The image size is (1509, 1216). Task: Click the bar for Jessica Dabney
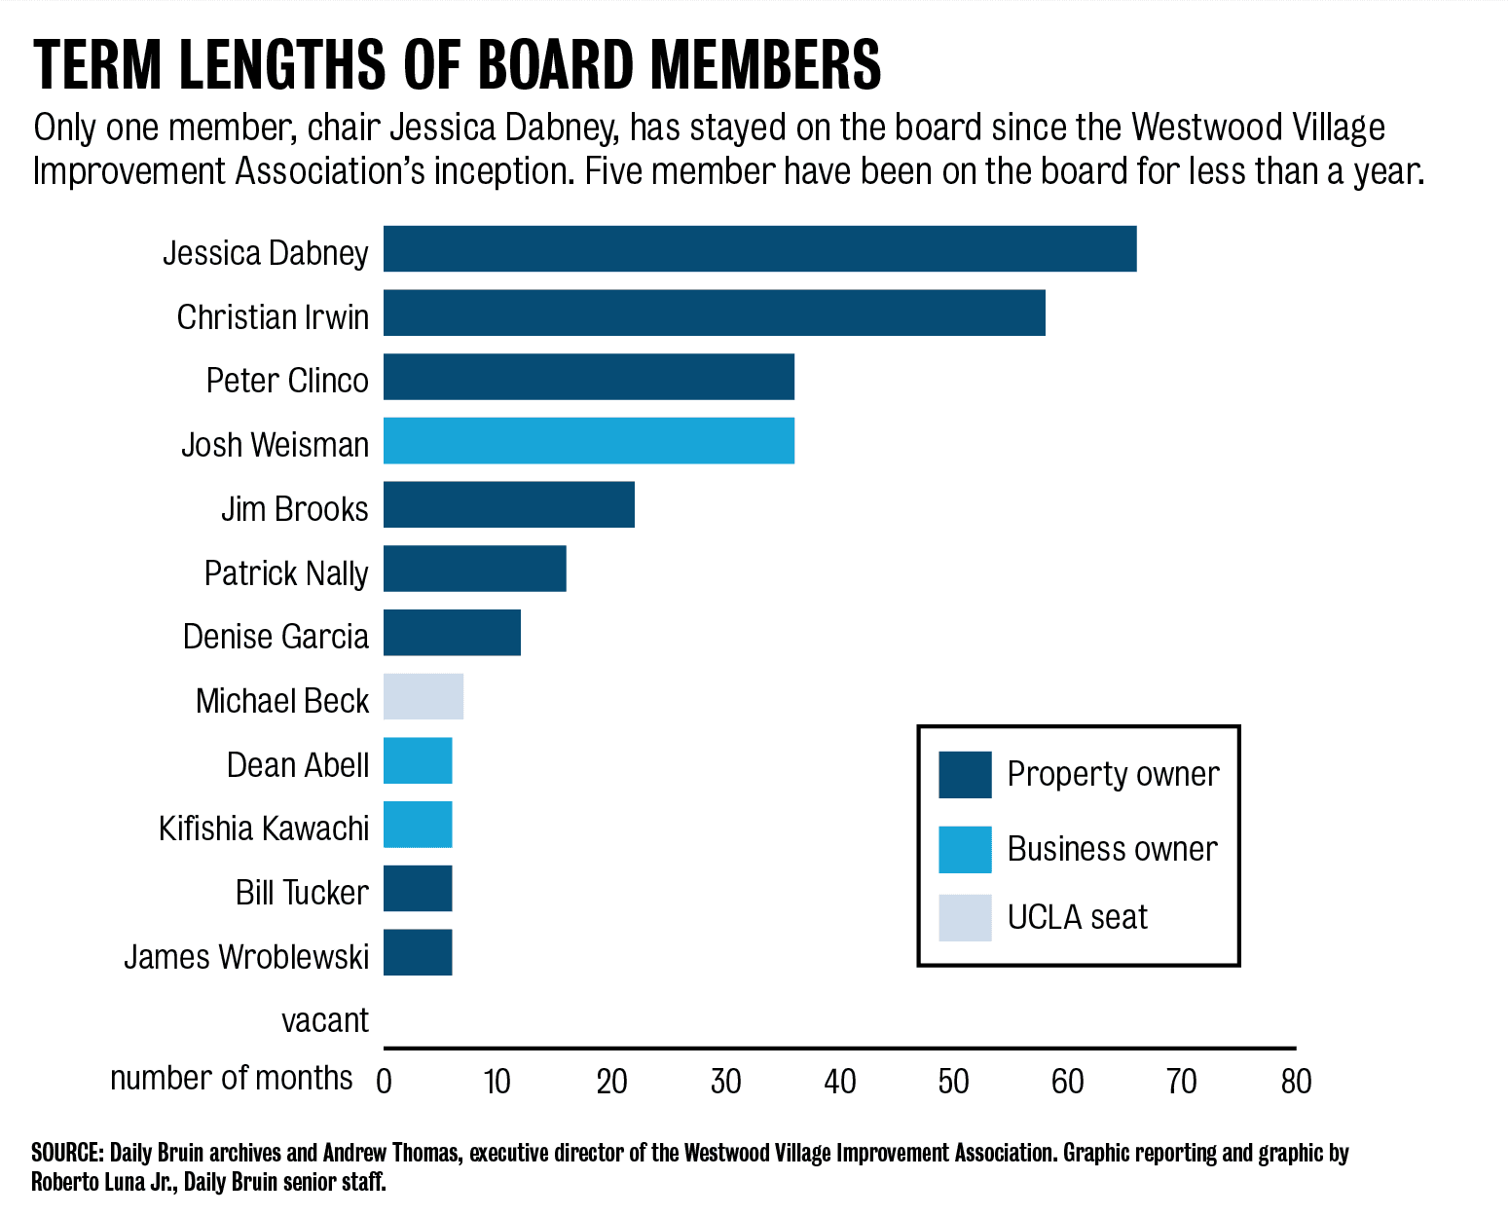coord(759,248)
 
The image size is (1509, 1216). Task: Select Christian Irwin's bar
coord(714,313)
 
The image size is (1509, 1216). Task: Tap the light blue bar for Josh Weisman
coord(588,440)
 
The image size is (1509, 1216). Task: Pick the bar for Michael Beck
coord(423,696)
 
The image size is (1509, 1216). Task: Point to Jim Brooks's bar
coord(508,504)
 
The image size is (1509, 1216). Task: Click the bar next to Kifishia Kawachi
coord(417,825)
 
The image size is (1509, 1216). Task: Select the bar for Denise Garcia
coord(452,632)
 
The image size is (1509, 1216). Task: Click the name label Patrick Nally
coord(286,572)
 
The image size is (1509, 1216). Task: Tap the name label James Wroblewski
coord(246,956)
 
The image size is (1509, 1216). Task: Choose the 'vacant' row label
coord(325,1020)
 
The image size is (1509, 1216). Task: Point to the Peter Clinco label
coord(287,380)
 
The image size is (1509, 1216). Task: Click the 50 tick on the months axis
coord(953,1081)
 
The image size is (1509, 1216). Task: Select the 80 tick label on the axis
coord(1296,1081)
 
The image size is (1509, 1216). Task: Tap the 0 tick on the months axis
coord(384,1081)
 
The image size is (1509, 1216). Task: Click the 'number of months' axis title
coord(231,1078)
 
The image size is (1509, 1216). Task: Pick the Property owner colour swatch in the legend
coord(965,775)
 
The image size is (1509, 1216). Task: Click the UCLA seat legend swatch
coord(965,918)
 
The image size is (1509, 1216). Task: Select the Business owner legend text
coord(1112,849)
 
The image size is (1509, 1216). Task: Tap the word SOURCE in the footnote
coord(66,1153)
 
